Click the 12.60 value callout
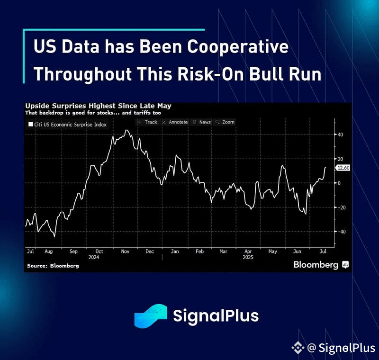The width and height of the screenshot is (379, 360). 343,168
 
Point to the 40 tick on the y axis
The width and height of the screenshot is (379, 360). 340,135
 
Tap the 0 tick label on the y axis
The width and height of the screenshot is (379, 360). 339,183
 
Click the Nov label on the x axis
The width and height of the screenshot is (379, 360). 125,252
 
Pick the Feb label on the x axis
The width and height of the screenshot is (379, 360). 199,252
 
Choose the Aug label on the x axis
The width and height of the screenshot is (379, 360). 49,252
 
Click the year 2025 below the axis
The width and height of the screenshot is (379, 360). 248,257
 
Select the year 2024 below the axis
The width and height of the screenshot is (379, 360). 94,257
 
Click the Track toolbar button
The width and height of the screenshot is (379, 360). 148,122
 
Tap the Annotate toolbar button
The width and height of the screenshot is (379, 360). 175,122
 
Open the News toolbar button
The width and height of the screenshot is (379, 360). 202,122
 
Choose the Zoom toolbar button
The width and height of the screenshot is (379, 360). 225,122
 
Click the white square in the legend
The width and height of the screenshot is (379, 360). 31,124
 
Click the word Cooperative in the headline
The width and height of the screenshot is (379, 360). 238,46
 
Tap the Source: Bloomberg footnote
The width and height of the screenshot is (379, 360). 53,266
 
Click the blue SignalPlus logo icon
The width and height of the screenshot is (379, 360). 151,316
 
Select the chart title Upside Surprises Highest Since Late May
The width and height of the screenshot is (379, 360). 99,106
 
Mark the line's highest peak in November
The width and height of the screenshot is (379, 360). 126,130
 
